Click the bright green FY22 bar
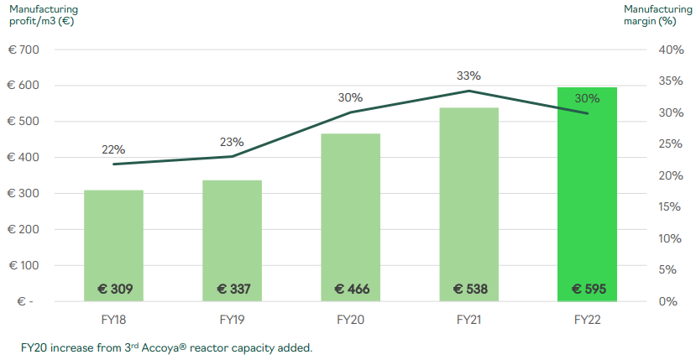[x=588, y=193]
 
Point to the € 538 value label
[x=469, y=290]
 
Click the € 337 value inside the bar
[x=233, y=290]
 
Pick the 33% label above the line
[x=468, y=76]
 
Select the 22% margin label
[x=113, y=149]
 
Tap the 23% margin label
[x=233, y=142]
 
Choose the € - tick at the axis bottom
[x=25, y=301]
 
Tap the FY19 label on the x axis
[x=233, y=320]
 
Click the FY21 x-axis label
[x=469, y=320]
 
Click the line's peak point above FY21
[x=469, y=91]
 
